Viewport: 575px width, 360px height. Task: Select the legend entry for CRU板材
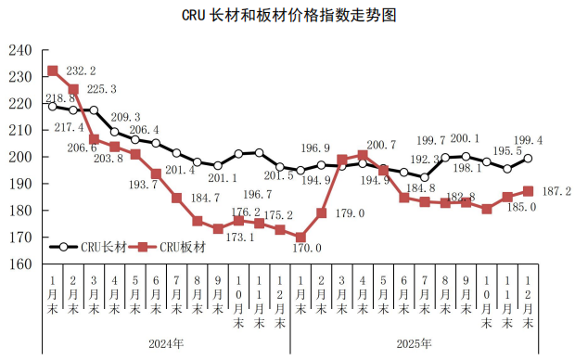pyautogui.click(x=168, y=247)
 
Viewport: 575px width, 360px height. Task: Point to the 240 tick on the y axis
pyautogui.click(x=20, y=50)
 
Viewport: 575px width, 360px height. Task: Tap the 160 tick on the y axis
pyautogui.click(x=20, y=264)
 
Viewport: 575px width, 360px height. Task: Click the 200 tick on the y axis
pyautogui.click(x=20, y=158)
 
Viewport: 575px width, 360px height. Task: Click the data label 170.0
pyautogui.click(x=306, y=249)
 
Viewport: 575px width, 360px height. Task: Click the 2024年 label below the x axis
pyautogui.click(x=166, y=343)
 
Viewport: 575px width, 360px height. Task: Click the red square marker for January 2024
pyautogui.click(x=53, y=71)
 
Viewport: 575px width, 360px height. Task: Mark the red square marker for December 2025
pyautogui.click(x=528, y=191)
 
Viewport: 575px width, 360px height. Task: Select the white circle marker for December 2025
pyautogui.click(x=528, y=159)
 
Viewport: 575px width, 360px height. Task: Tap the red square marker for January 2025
pyautogui.click(x=300, y=238)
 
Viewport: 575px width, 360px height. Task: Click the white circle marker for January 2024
pyautogui.click(x=53, y=106)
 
